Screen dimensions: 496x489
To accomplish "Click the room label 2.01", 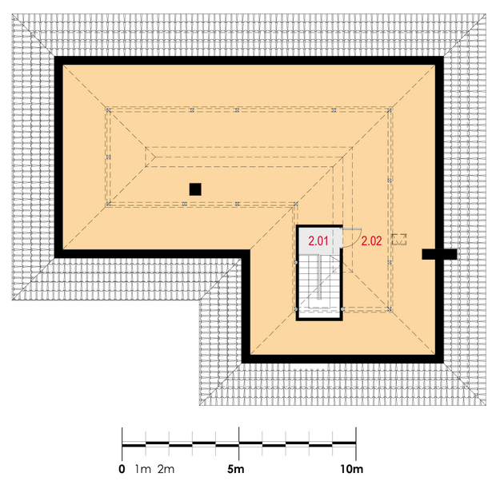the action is pyautogui.click(x=318, y=241).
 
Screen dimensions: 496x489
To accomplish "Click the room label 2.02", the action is pyautogui.click(x=371, y=241).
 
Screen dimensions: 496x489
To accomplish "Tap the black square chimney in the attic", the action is pyautogui.click(x=195, y=189).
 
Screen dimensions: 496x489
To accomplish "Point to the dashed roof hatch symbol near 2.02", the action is pyautogui.click(x=399, y=239).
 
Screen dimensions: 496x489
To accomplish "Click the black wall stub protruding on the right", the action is pyautogui.click(x=439, y=254).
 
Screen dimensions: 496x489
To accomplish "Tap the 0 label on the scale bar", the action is pyautogui.click(x=122, y=469).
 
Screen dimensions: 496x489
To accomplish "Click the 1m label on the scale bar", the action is pyautogui.click(x=143, y=469).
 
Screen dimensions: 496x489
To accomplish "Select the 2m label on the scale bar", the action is pyautogui.click(x=166, y=469).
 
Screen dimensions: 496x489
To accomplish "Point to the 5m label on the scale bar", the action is pyautogui.click(x=236, y=469).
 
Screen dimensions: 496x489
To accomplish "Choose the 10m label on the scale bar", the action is pyautogui.click(x=352, y=469).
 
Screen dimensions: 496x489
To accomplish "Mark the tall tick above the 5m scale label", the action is pyautogui.click(x=239, y=443).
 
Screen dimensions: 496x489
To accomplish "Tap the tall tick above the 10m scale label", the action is pyautogui.click(x=356, y=443).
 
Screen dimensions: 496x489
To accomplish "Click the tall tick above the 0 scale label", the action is pyautogui.click(x=122, y=443).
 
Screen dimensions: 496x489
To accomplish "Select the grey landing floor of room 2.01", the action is pyautogui.click(x=320, y=241).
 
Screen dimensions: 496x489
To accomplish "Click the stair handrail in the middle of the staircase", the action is pyautogui.click(x=320, y=277).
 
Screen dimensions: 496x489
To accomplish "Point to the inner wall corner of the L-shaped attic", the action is pyautogui.click(x=250, y=250).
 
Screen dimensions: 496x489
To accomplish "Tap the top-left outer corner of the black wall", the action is pyautogui.click(x=54, y=57).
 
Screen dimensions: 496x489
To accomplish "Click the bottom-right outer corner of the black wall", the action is pyautogui.click(x=443, y=363).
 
